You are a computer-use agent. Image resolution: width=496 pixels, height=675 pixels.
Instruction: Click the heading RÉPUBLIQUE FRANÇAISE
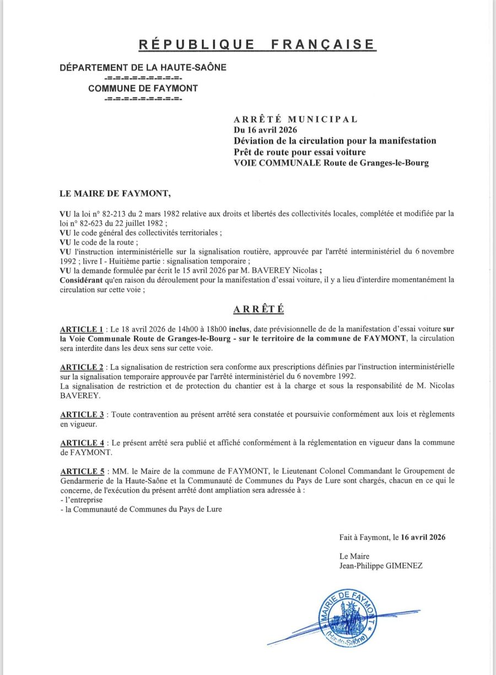[x=256, y=45]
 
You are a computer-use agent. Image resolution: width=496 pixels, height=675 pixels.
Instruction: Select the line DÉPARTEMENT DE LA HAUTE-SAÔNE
[x=143, y=67]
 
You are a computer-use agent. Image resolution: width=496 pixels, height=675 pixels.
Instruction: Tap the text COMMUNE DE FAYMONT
[x=143, y=88]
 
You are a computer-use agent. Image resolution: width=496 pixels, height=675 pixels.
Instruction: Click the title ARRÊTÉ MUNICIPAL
[x=295, y=119]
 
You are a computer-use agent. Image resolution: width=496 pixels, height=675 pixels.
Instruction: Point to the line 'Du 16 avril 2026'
[x=266, y=130]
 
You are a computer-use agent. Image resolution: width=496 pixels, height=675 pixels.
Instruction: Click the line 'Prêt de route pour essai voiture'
[x=300, y=152]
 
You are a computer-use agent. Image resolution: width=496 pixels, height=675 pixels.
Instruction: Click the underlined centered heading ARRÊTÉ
[x=258, y=309]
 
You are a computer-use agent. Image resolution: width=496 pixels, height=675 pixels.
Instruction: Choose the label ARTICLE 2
[x=83, y=367]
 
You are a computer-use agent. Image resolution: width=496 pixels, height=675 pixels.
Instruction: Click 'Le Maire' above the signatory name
[x=354, y=556]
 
